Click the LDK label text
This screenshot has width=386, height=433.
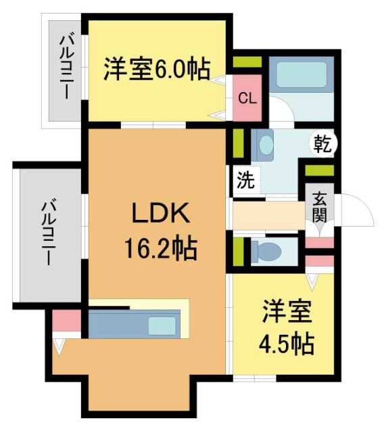click(x=160, y=216)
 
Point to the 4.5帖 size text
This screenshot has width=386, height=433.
click(x=287, y=344)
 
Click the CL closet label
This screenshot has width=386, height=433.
click(x=247, y=97)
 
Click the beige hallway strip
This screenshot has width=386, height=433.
click(x=268, y=215)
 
